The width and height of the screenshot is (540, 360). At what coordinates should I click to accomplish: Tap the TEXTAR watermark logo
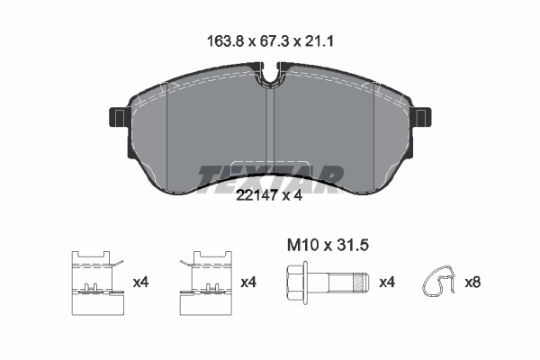(x=269, y=174)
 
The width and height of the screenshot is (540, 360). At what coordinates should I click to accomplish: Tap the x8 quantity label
(x=472, y=282)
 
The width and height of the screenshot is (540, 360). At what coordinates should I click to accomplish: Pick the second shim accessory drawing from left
(x=205, y=283)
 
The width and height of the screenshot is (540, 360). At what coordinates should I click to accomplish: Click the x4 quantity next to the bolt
(x=388, y=282)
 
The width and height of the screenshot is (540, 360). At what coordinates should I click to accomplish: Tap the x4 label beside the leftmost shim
(x=140, y=282)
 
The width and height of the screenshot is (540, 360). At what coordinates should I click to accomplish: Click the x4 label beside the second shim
(x=249, y=282)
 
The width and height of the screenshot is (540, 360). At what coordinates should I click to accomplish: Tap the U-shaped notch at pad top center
(x=270, y=76)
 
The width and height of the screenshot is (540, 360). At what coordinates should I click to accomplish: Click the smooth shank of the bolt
(x=330, y=282)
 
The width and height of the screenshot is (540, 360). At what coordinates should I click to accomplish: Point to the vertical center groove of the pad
(x=270, y=135)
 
